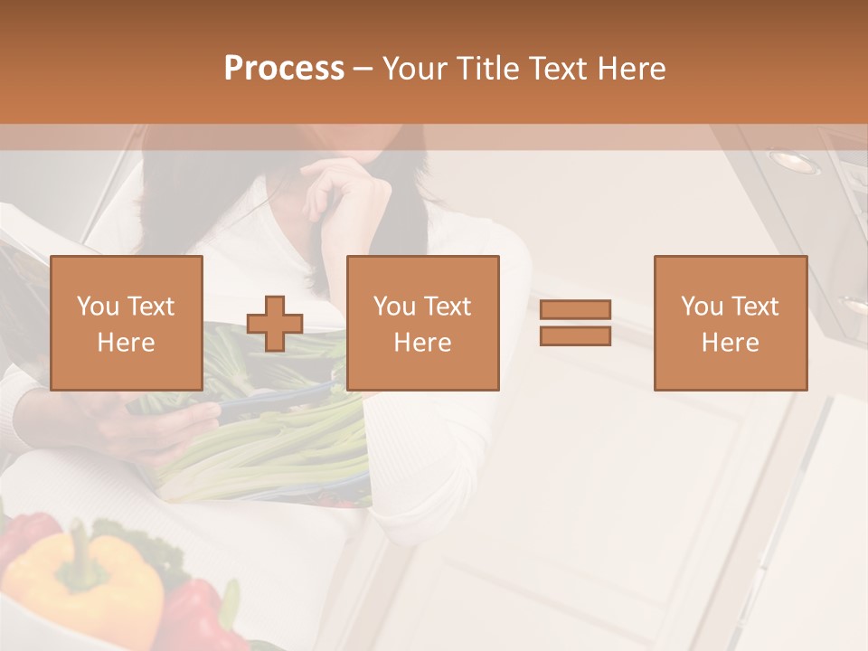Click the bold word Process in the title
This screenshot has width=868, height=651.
pyautogui.click(x=284, y=69)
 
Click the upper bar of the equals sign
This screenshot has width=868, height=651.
pyautogui.click(x=575, y=310)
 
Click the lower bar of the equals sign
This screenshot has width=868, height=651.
pyautogui.click(x=575, y=336)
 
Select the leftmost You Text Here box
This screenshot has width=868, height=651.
pyautogui.click(x=127, y=323)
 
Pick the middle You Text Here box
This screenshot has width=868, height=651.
pyautogui.click(x=422, y=323)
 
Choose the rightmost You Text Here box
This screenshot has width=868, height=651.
pyautogui.click(x=731, y=323)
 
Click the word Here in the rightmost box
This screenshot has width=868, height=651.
pyautogui.click(x=731, y=343)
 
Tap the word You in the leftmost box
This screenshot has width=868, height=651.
pyautogui.click(x=98, y=307)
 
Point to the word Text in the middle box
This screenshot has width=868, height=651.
pyautogui.click(x=448, y=307)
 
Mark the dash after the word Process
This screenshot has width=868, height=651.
pyautogui.click(x=363, y=69)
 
